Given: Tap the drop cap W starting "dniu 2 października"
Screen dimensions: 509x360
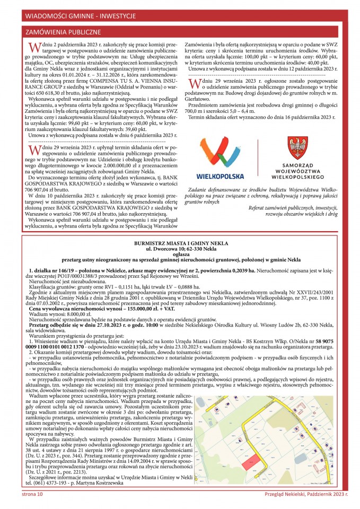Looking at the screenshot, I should pos(34,48).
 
